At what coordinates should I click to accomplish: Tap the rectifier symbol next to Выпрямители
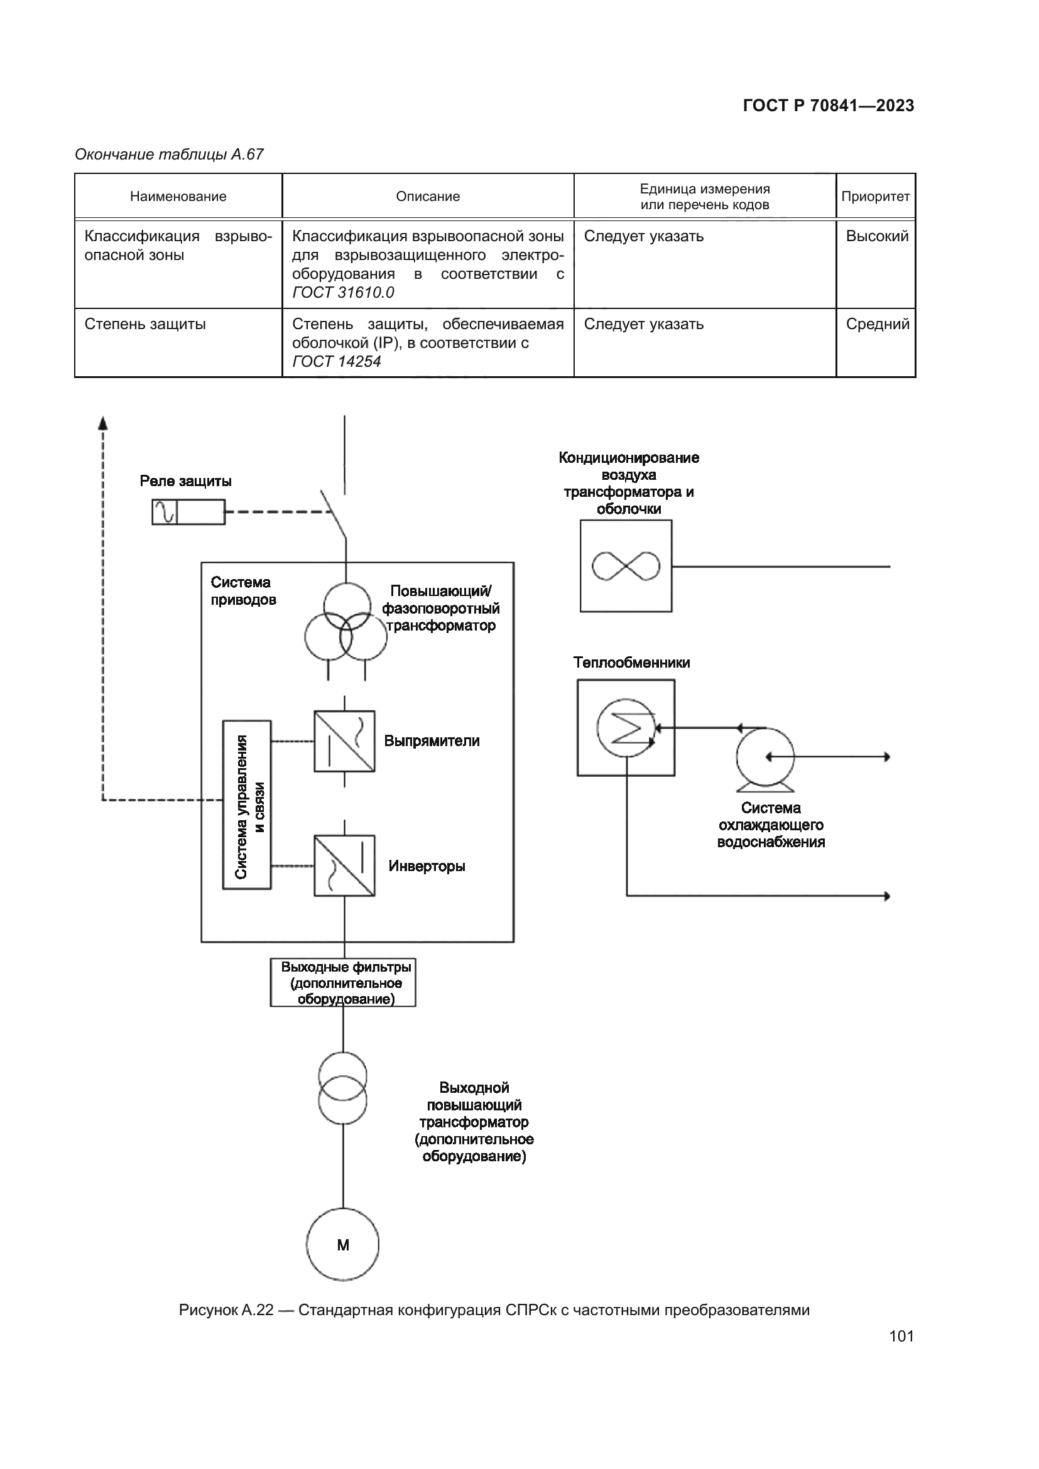[x=344, y=741]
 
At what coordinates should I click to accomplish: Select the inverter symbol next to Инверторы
[x=344, y=865]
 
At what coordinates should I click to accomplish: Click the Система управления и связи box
[x=247, y=805]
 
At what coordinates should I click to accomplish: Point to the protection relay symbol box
[x=188, y=512]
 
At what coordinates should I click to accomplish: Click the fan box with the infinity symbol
[x=626, y=566]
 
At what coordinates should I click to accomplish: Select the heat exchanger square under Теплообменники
[x=626, y=727]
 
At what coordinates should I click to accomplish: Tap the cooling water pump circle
[x=765, y=757]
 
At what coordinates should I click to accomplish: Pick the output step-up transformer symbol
[x=343, y=1088]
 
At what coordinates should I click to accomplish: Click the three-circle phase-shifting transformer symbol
[x=345, y=622]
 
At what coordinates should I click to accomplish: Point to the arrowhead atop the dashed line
[x=102, y=422]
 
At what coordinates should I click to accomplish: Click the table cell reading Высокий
[x=876, y=236]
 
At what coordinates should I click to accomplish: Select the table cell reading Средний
[x=877, y=323]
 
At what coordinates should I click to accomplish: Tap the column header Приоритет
[x=875, y=197]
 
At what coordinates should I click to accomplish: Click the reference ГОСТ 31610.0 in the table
[x=343, y=293]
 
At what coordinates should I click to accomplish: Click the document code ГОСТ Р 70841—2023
[x=829, y=106]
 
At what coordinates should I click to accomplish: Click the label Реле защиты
[x=185, y=481]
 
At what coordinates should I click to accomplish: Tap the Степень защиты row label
[x=145, y=323]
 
